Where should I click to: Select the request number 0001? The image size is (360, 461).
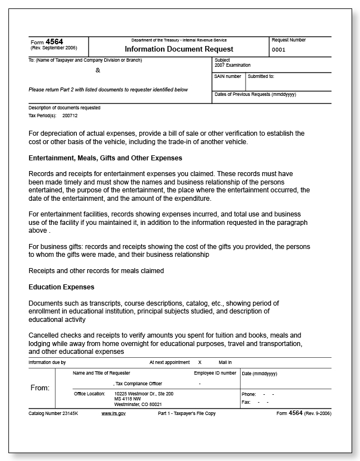pyautogui.click(x=279, y=49)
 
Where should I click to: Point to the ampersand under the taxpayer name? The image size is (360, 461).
pyautogui.click(x=98, y=70)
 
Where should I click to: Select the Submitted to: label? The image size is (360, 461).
pyautogui.click(x=261, y=76)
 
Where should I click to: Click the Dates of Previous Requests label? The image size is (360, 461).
pyautogui.click(x=255, y=94)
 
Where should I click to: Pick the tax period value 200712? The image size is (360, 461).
pyautogui.click(x=70, y=116)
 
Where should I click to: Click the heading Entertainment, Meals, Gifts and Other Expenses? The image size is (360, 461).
pyautogui.click(x=105, y=158)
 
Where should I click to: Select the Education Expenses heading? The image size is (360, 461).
pyautogui.click(x=62, y=287)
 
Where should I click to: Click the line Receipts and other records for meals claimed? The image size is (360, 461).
pyautogui.click(x=96, y=271)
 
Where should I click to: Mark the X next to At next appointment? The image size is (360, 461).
pyautogui.click(x=200, y=362)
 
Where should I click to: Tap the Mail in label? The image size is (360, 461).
pyautogui.click(x=225, y=362)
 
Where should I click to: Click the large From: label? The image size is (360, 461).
pyautogui.click(x=40, y=388)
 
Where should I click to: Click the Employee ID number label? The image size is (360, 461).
pyautogui.click(x=215, y=373)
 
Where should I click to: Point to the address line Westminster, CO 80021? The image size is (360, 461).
pyautogui.click(x=137, y=404)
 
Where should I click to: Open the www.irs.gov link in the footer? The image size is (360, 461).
pyautogui.click(x=113, y=413)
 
